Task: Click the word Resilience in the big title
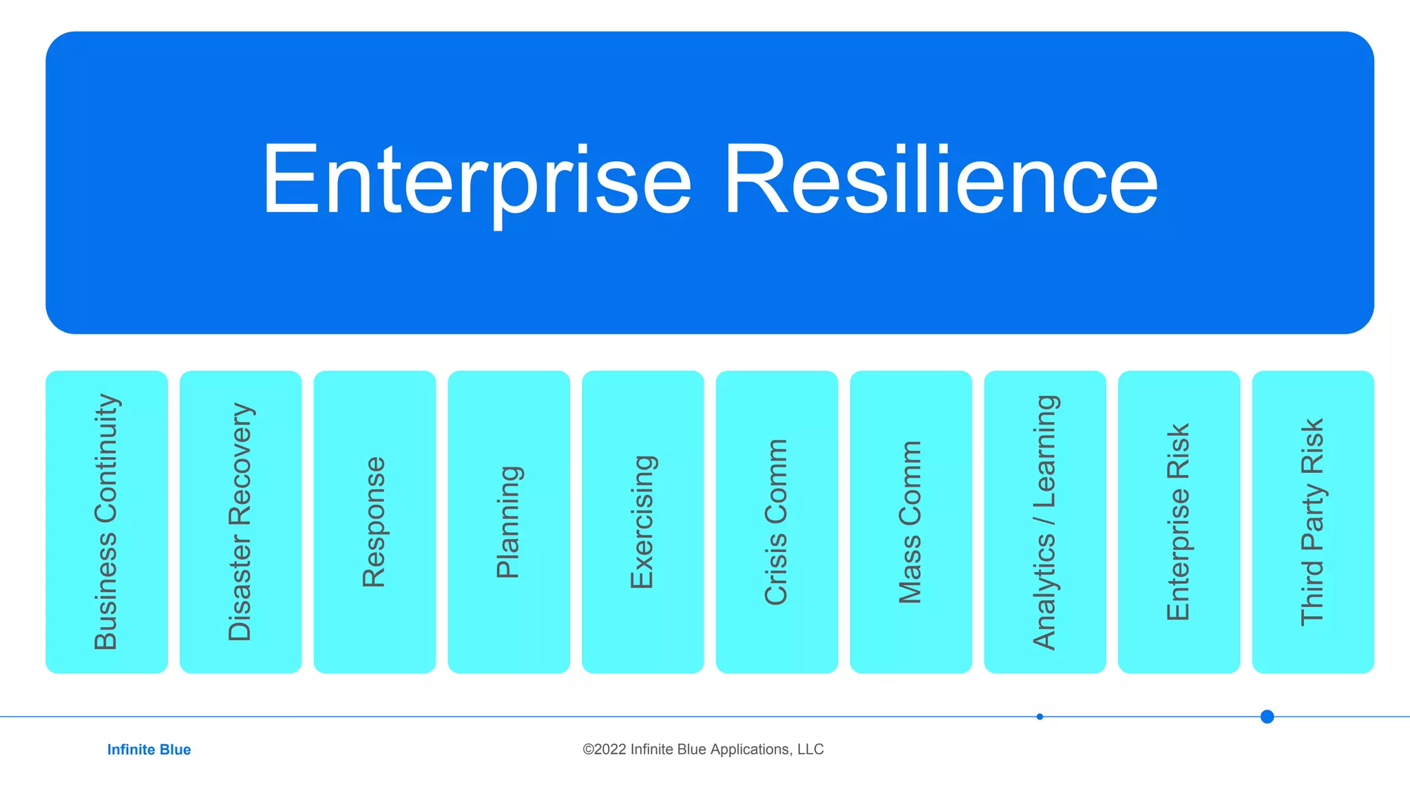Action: click(x=940, y=180)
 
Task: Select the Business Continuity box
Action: click(x=107, y=522)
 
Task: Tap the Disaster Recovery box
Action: click(x=240, y=522)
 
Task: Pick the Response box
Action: click(x=375, y=522)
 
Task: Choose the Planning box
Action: click(x=509, y=522)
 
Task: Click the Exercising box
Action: click(x=642, y=522)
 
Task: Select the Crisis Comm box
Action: click(x=777, y=522)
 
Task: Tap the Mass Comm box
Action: click(x=911, y=522)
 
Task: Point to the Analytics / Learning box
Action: click(x=1044, y=522)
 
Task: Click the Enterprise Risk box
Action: click(x=1179, y=522)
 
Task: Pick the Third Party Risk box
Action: click(x=1313, y=522)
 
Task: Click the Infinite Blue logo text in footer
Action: click(x=149, y=750)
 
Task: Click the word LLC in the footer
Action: click(x=810, y=750)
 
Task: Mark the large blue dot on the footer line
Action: click(x=1267, y=717)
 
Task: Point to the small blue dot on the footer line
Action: click(x=1040, y=717)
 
